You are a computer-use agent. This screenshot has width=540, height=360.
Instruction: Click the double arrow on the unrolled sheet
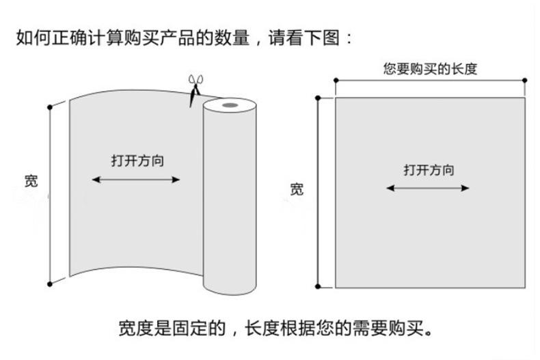coord(136,180)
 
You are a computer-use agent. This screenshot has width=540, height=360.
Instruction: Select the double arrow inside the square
coord(428,188)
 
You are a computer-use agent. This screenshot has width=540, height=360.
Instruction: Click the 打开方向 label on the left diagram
coord(137,161)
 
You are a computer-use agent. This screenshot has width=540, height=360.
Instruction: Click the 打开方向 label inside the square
coord(429,170)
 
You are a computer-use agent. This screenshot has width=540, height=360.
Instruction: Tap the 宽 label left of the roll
coord(31,181)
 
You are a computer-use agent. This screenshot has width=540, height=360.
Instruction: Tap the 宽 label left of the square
coord(297,189)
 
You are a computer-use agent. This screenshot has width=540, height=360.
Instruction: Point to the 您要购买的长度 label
coord(430,68)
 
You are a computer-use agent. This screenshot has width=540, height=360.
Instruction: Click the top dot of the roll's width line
coord(49,107)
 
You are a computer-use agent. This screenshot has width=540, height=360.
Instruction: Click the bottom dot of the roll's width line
coord(49,283)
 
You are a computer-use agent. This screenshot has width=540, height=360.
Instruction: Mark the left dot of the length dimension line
coord(336,81)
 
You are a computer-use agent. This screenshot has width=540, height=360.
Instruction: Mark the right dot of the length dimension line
coord(525,81)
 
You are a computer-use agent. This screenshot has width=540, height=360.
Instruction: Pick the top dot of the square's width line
coord(317,98)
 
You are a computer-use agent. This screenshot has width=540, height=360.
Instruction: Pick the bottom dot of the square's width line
coord(317,287)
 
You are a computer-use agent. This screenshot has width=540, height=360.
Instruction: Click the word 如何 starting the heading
coord(30,37)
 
